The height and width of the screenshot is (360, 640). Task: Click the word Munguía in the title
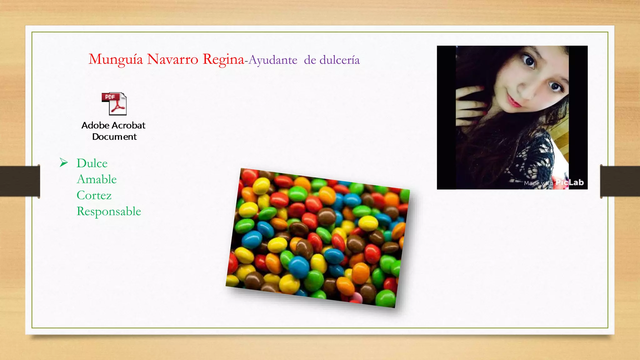116,59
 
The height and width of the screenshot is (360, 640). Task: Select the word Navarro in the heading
172,59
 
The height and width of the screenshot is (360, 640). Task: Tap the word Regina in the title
223,59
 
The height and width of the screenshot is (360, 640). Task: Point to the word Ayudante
273,60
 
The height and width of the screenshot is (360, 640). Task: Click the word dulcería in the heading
339,60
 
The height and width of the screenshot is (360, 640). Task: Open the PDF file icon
114,104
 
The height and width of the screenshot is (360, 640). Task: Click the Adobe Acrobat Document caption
114,131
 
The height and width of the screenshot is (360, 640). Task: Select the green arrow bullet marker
64,162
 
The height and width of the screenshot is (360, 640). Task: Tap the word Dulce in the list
92,163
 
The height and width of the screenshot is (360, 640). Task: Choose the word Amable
97,179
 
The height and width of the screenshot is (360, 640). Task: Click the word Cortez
94,195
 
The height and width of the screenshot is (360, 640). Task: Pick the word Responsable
109,212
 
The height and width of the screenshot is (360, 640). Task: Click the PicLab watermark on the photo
569,182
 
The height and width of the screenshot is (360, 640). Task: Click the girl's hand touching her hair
469,103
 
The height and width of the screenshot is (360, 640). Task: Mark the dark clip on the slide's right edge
620,181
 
